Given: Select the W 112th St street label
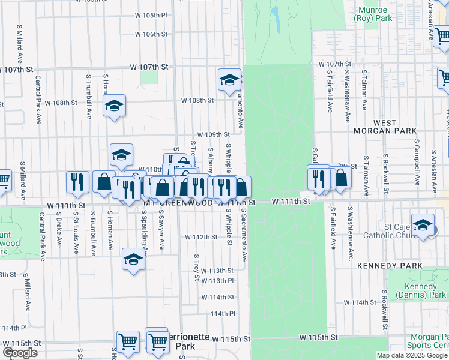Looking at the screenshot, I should [201, 237].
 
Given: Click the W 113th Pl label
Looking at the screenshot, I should [217, 281].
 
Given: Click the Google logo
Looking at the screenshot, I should [20, 353].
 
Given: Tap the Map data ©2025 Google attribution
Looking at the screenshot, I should [412, 355].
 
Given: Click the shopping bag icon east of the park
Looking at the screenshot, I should [341, 178].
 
